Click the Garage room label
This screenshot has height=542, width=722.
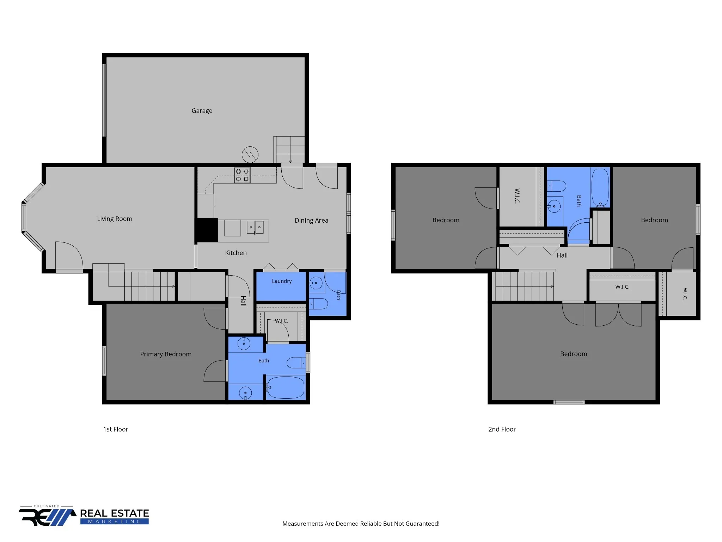[202, 111]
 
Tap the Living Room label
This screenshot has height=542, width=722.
[115, 219]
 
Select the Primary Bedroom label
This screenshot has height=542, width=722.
[166, 354]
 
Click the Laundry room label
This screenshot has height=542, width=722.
[282, 281]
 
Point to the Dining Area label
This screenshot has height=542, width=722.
[311, 221]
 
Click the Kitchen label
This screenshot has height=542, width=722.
[236, 253]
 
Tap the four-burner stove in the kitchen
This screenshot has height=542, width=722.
[242, 175]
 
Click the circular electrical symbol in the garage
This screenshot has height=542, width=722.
[250, 155]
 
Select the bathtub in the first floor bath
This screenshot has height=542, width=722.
[285, 387]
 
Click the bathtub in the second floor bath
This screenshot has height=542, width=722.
[600, 187]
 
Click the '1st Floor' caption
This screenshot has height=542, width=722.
[116, 429]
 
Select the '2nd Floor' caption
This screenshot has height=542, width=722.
[502, 429]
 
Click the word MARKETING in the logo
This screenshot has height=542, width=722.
[115, 522]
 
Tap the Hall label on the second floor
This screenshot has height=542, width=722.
[562, 255]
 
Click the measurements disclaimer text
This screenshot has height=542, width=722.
[361, 524]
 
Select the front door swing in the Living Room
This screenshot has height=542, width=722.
[69, 255]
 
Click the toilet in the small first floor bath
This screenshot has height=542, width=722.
[319, 303]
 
